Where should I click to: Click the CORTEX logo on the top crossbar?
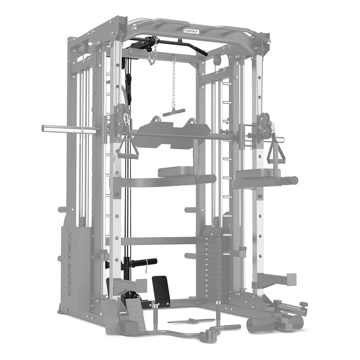(194, 30)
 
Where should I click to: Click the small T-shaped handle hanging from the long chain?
(174, 112)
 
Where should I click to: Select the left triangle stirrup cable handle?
(127, 149)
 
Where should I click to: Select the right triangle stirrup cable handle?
(277, 151)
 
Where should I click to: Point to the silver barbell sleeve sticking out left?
(67, 129)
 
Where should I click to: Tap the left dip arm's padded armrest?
(175, 171)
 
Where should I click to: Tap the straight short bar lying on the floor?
(185, 321)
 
